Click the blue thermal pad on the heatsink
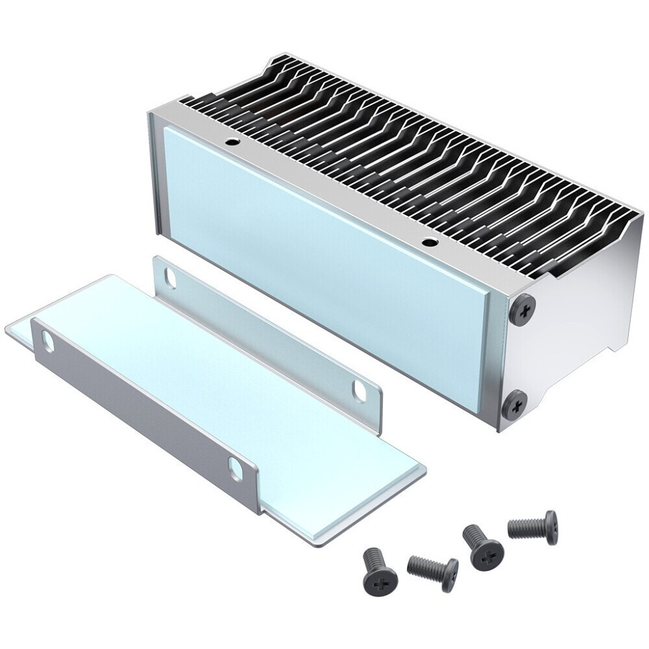tap(324, 260)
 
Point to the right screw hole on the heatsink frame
tap(428, 243)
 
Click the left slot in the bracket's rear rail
tap(170, 278)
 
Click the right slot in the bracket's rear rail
tap(359, 390)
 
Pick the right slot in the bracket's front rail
tap(235, 469)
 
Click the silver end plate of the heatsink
tap(578, 324)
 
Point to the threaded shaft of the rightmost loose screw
tap(524, 528)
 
